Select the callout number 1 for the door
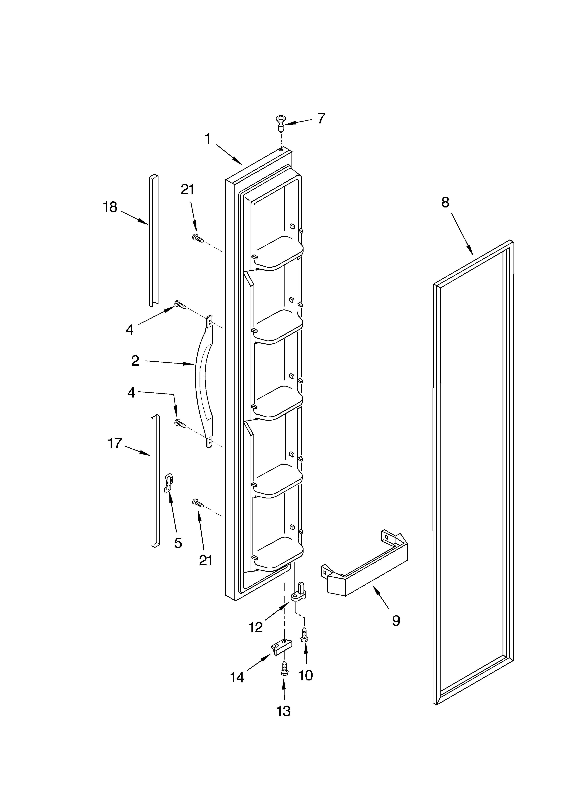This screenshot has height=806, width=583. [x=208, y=139]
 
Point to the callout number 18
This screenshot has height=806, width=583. [x=110, y=207]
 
